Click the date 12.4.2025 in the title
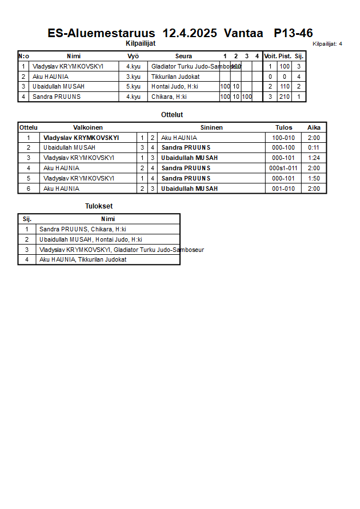pyautogui.click(x=190, y=33)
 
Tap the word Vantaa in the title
pyautogui.click(x=243, y=33)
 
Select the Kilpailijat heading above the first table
pyautogui.click(x=141, y=43)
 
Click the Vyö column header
pyautogui.click(x=133, y=56)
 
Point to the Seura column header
pyautogui.click(x=183, y=56)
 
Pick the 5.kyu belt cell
pyautogui.click(x=133, y=86)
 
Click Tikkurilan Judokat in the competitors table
pyautogui.click(x=175, y=77)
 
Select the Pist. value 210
pyautogui.click(x=285, y=97)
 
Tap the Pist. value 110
pyautogui.click(x=285, y=86)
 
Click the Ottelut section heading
pyautogui.click(x=172, y=115)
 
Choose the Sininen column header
pyautogui.click(x=211, y=127)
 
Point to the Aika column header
pyautogui.click(x=314, y=127)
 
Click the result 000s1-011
pyautogui.click(x=283, y=168)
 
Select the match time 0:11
pyautogui.click(x=314, y=147)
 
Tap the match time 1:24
pyautogui.click(x=314, y=158)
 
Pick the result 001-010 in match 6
pyautogui.click(x=283, y=189)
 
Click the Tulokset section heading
pyautogui.click(x=99, y=206)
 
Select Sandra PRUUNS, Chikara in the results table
pyautogui.click(x=83, y=229)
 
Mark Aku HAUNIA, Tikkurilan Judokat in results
pyautogui.click(x=83, y=259)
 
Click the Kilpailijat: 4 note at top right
pyautogui.click(x=327, y=44)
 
